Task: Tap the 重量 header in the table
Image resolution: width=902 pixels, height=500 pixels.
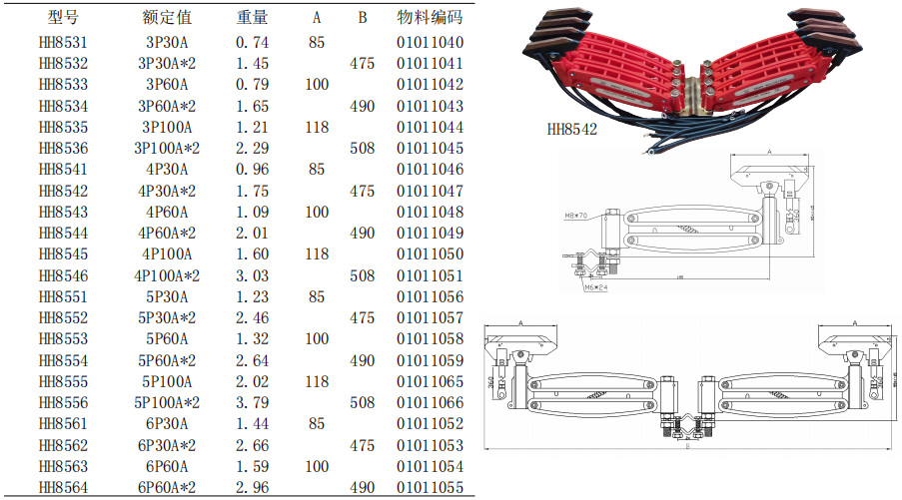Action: point(253,18)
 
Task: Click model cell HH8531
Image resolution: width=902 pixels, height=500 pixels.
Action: point(63,43)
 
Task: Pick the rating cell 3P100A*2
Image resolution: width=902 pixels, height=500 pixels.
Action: point(168,149)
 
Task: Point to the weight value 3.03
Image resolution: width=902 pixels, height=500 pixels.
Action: point(253,275)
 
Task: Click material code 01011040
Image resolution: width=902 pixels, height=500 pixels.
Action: point(430,43)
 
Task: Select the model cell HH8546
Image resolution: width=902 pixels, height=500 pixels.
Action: point(63,275)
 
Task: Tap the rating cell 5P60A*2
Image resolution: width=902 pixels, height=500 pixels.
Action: point(168,360)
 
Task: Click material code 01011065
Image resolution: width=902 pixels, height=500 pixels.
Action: point(430,381)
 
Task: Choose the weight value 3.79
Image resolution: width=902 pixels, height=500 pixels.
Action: point(253,403)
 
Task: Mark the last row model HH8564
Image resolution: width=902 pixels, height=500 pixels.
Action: point(63,487)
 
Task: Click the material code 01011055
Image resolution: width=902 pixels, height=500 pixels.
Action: point(430,487)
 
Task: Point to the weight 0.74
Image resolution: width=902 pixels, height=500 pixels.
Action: point(253,43)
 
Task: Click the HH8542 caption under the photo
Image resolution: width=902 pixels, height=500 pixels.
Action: point(572,128)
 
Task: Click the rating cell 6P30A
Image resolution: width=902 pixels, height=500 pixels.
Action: point(168,424)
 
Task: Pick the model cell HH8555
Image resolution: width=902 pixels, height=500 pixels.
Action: point(63,381)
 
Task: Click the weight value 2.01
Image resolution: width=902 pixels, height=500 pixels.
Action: point(253,234)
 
